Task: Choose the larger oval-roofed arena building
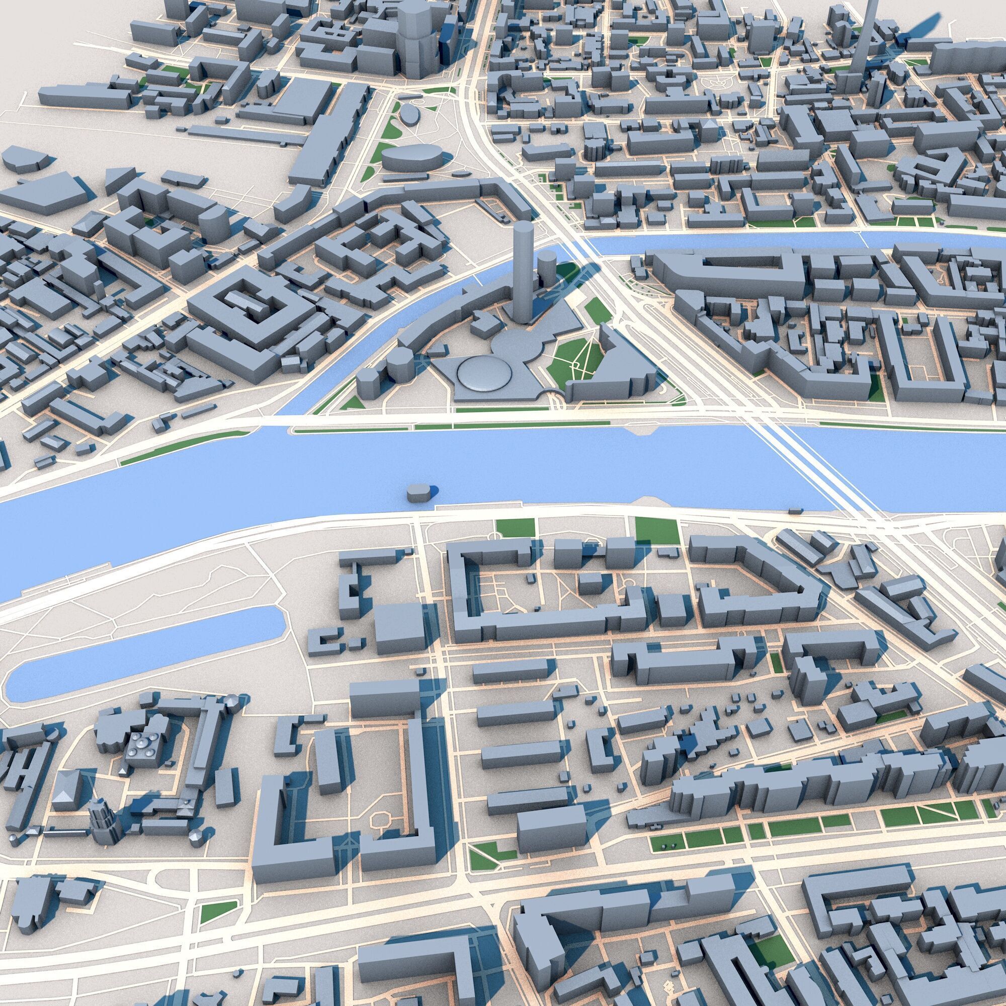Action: [411, 156]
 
